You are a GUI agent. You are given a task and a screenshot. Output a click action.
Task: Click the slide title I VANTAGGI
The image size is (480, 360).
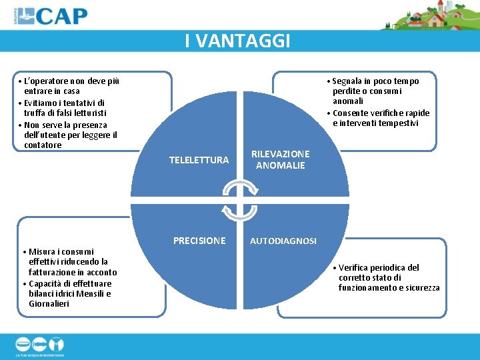tap(238, 41)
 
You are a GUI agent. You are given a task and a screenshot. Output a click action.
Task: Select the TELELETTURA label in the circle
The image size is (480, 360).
tap(199, 160)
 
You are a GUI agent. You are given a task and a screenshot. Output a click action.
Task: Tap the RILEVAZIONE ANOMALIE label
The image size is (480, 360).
tap(280, 159)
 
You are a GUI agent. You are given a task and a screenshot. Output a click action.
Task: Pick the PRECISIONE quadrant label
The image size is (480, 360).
tap(199, 241)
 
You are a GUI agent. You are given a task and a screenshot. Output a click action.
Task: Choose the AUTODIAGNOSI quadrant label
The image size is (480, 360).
tap(283, 241)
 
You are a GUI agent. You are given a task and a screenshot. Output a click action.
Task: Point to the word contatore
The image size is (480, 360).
tap(43, 145)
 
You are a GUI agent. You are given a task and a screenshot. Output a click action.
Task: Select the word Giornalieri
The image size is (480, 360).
tap(49, 304)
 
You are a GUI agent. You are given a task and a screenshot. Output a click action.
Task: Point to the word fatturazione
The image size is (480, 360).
tap(52, 272)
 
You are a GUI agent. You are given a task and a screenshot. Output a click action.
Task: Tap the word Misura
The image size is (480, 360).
tap(42, 251)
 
